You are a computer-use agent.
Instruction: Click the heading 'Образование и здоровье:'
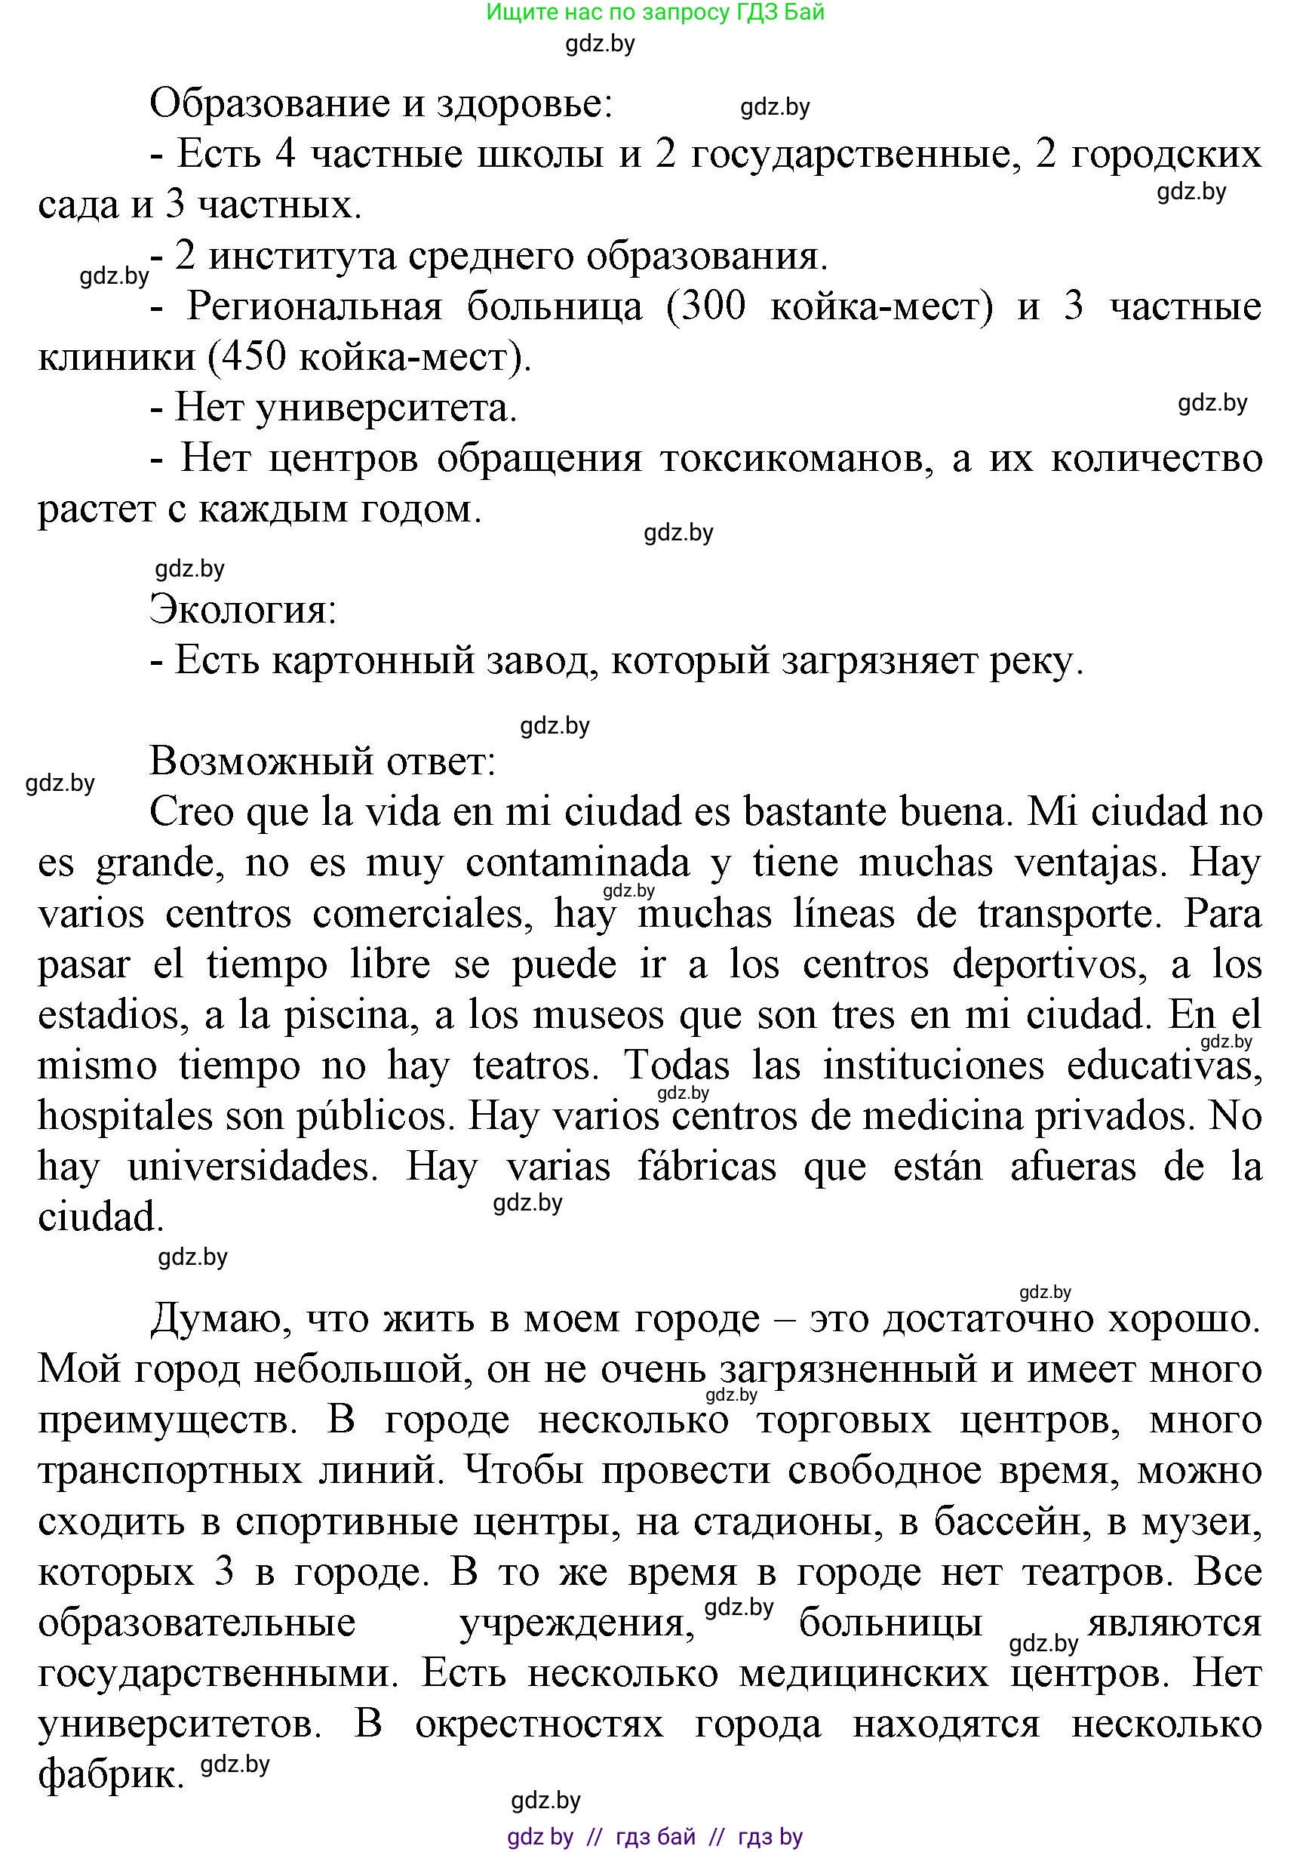tap(380, 104)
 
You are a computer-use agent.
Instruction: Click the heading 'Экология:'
tap(242, 609)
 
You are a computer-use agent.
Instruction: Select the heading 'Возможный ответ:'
tap(322, 761)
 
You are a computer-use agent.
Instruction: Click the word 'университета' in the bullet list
tap(386, 408)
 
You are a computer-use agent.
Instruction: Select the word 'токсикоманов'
tap(797, 459)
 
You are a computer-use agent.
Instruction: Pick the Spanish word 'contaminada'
tap(578, 862)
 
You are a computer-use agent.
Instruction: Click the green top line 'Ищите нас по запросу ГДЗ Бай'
tap(655, 12)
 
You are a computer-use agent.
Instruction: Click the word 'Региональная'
tap(315, 307)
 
